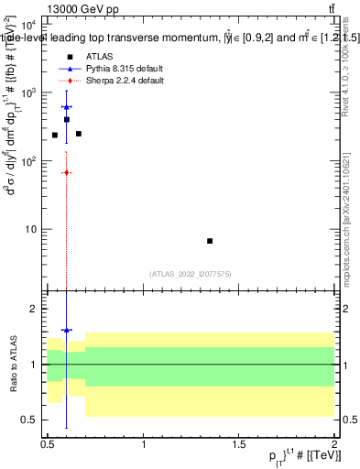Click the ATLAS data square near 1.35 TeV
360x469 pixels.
(210, 241)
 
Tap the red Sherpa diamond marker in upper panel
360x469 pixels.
(67, 172)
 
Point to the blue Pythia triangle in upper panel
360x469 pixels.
(67, 107)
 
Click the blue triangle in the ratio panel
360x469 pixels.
(67, 330)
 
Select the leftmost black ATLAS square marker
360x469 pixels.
(55, 135)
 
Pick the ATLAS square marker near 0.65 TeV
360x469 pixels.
(79, 134)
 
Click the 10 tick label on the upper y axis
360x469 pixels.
(30, 228)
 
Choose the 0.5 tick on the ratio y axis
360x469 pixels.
(30, 420)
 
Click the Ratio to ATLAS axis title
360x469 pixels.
(12, 364)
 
